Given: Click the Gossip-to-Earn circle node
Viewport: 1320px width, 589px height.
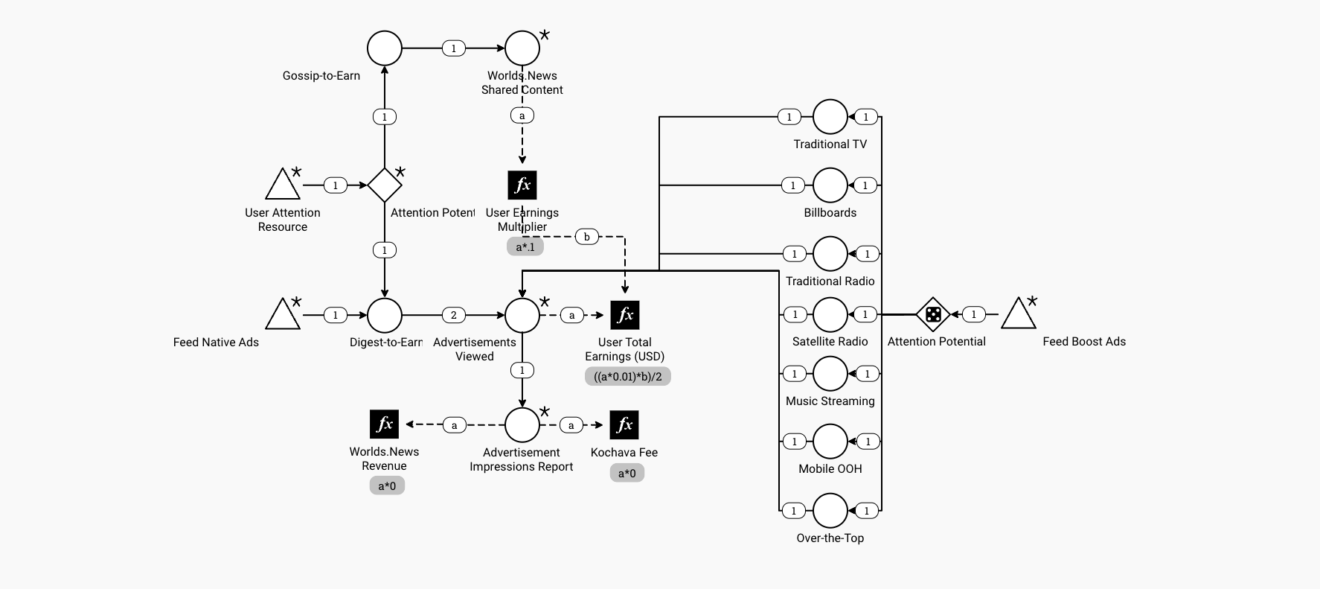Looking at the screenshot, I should tap(385, 48).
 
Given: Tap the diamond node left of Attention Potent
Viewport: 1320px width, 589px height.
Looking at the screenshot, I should tap(385, 185).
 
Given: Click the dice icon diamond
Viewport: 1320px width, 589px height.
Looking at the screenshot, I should tap(933, 315).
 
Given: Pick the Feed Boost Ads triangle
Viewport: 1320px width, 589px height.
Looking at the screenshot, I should tap(1019, 315).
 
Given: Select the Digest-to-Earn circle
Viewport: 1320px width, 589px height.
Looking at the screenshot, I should tap(385, 316).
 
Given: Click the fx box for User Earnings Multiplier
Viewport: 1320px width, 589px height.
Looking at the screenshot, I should tap(522, 185).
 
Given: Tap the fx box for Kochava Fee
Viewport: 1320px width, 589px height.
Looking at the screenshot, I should tap(624, 425).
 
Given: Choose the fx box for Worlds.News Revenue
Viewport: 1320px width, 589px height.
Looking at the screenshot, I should tap(385, 424).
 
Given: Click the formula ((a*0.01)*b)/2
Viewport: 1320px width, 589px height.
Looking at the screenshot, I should tap(628, 377).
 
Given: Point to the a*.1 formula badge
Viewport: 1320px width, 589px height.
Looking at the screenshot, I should tap(525, 246).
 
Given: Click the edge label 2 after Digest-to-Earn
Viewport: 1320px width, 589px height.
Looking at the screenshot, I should tap(454, 315).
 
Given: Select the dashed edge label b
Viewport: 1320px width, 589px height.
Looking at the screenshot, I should tap(587, 237).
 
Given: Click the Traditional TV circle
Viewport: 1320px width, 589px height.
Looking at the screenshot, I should tap(830, 117).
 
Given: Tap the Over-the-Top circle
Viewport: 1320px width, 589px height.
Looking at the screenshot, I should tap(830, 511).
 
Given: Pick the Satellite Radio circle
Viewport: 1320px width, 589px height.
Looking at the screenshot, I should tap(830, 315).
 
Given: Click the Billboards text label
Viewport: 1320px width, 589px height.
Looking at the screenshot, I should tap(830, 213).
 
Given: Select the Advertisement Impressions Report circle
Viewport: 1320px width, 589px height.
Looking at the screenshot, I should tap(522, 425).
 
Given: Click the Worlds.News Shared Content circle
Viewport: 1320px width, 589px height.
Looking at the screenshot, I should tap(522, 48).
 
